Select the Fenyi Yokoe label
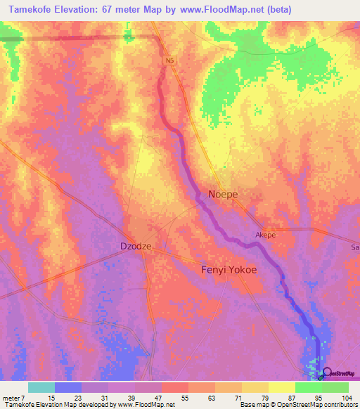229,269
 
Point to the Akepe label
265,235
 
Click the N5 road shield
169,61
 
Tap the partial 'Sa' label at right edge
354,247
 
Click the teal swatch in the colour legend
41,387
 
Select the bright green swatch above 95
308,387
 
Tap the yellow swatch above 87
281,387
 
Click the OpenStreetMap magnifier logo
326,375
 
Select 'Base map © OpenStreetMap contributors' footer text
298,405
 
